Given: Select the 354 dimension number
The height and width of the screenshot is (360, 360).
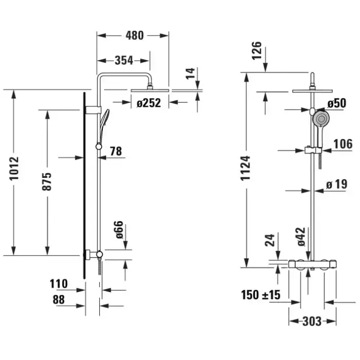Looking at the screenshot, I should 123,61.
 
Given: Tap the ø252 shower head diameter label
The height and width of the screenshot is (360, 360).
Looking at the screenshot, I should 149,103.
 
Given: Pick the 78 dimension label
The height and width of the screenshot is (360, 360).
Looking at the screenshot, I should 116,151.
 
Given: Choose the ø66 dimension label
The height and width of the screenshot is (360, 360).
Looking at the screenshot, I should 119,229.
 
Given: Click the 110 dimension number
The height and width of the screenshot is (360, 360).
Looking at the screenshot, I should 59,283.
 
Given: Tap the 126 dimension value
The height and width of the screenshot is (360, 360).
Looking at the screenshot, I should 258,51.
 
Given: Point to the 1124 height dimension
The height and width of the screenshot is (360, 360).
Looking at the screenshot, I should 247,167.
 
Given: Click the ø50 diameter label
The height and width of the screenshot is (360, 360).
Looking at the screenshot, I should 336,103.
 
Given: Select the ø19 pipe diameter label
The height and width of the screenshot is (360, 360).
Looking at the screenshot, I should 337,184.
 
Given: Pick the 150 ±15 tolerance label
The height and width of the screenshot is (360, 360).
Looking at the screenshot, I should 261,295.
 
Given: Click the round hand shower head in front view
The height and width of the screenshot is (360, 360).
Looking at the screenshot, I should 321,120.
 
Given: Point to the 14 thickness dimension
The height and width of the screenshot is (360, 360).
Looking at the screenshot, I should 191,73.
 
